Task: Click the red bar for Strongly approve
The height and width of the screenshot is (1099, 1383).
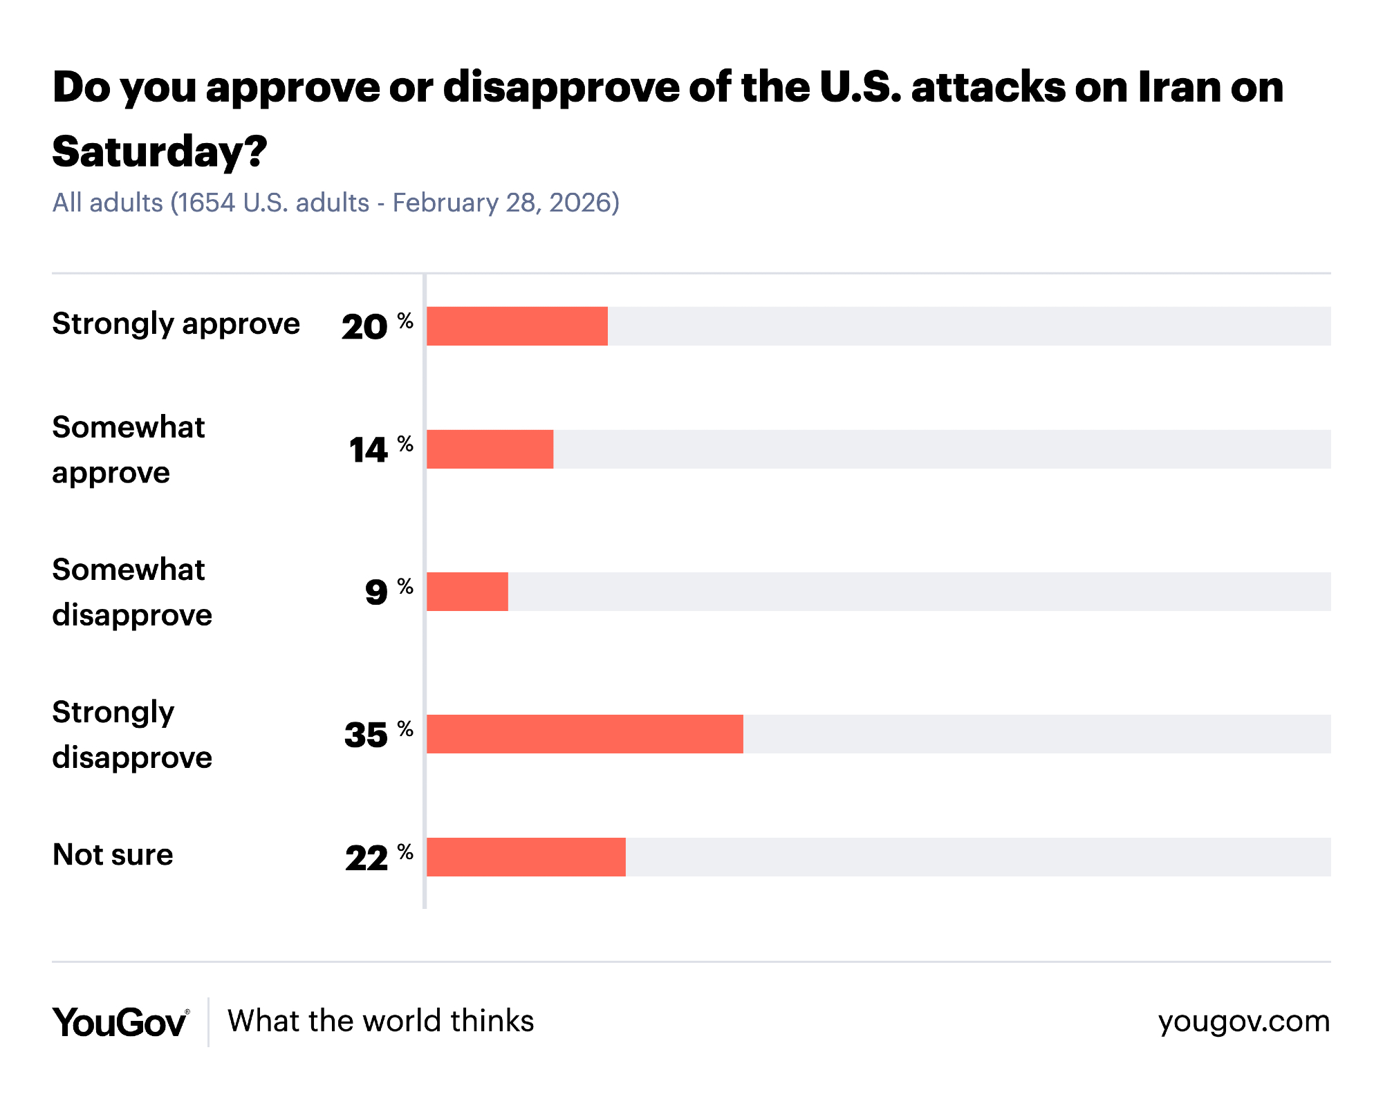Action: [517, 326]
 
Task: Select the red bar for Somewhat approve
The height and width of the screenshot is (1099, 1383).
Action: [490, 449]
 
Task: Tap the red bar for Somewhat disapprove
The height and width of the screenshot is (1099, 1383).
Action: [467, 592]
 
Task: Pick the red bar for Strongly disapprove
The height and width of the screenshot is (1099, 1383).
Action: [585, 734]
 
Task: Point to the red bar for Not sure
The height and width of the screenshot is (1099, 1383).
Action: [526, 857]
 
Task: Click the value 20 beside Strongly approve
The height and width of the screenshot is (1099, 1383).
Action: [364, 327]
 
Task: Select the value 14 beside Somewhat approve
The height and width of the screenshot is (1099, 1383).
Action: [369, 451]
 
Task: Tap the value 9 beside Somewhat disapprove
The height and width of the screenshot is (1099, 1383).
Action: [377, 592]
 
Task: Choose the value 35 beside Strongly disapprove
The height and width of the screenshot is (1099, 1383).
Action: [366, 735]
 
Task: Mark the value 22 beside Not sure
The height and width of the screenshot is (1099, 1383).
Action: [366, 858]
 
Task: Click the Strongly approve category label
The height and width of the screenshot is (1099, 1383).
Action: [176, 324]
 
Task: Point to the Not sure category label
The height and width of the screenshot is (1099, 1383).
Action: [113, 855]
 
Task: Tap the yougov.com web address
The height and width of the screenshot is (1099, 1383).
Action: [1243, 1022]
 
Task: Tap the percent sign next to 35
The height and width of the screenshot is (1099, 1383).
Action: [405, 729]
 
